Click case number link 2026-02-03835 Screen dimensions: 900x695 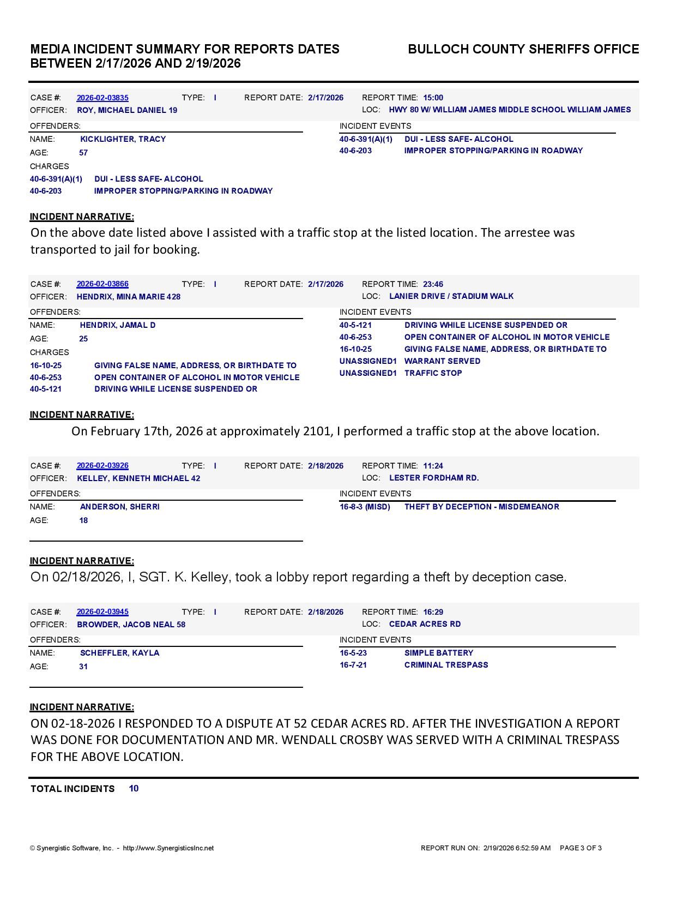click(x=102, y=98)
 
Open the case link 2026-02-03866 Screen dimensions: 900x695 click(x=102, y=284)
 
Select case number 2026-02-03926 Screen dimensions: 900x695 click(x=102, y=466)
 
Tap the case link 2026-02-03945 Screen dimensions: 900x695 click(x=102, y=612)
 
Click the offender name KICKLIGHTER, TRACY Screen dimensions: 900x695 click(x=123, y=139)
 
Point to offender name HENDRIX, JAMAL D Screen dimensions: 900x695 click(x=118, y=325)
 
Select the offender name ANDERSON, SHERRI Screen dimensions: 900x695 click(x=120, y=507)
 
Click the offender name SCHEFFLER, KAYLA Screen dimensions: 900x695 click(x=120, y=653)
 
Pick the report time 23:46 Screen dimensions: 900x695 click(x=433, y=284)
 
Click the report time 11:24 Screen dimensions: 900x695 click(x=433, y=466)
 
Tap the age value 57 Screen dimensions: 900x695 click(x=83, y=153)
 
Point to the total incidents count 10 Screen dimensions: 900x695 click(x=134, y=788)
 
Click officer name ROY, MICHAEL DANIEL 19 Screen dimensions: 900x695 click(x=127, y=110)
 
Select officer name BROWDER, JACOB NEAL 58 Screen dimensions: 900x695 click(x=131, y=625)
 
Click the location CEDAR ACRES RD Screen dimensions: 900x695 click(x=425, y=624)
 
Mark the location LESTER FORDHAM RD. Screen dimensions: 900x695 click(x=434, y=478)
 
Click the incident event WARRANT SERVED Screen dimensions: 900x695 click(x=442, y=361)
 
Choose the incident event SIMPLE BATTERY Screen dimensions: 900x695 click(x=439, y=653)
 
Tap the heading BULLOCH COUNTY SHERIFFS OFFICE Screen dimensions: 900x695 click(x=523, y=49)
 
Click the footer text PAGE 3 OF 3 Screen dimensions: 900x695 click(x=581, y=848)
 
